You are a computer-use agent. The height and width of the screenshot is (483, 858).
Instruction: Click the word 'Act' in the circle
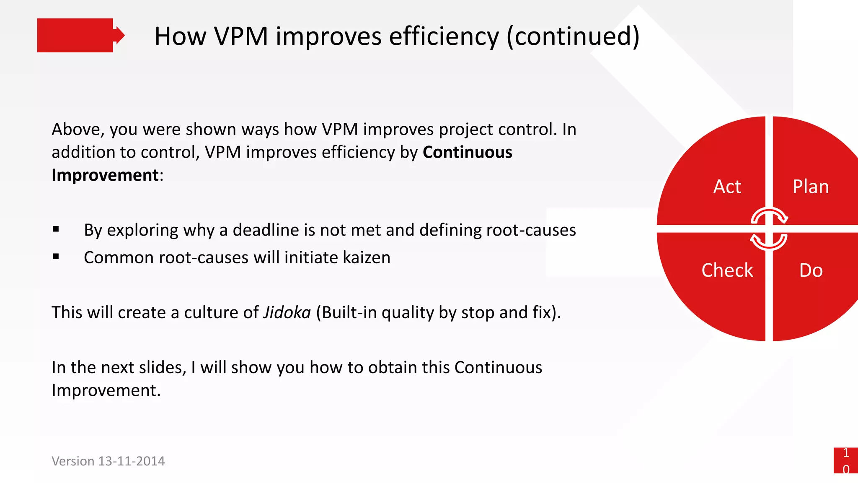click(727, 187)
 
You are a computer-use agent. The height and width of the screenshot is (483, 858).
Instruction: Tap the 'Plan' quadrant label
click(811, 187)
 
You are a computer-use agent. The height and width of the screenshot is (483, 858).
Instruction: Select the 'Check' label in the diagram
click(727, 270)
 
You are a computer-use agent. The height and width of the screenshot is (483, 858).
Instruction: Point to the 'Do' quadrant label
click(811, 270)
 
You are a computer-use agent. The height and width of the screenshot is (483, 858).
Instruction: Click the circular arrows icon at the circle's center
click(769, 229)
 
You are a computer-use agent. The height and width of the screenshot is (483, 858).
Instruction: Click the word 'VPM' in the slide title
click(241, 36)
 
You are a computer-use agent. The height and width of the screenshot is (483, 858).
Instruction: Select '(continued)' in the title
click(573, 37)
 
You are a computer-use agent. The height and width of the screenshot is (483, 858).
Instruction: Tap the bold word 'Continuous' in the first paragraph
click(467, 152)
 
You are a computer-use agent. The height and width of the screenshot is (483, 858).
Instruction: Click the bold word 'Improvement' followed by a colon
click(105, 175)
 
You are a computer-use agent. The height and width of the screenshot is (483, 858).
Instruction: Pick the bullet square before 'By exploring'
click(56, 229)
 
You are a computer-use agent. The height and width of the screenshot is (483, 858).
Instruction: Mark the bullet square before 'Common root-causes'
click(56, 257)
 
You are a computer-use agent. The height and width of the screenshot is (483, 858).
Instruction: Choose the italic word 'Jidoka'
click(287, 313)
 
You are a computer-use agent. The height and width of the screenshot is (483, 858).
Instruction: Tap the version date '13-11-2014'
click(131, 461)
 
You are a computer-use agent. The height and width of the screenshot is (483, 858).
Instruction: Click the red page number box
click(845, 460)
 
